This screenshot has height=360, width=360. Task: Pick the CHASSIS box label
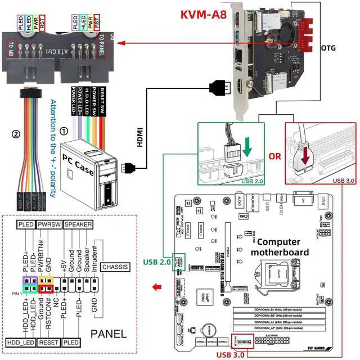click(116, 267)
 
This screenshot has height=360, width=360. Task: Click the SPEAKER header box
click(78, 224)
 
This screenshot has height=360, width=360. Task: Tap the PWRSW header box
click(49, 224)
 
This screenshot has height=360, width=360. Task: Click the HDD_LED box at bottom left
click(20, 342)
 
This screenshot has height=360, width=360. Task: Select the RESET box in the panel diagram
click(49, 342)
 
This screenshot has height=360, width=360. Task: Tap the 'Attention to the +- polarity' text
click(52, 149)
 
